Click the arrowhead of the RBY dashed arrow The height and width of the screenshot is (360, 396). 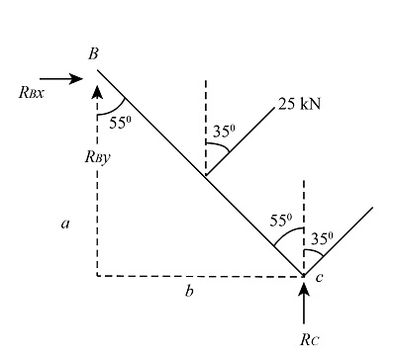[x=97, y=91]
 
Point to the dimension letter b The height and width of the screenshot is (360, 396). [x=190, y=292]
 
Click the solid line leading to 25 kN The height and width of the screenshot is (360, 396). [x=243, y=137]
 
